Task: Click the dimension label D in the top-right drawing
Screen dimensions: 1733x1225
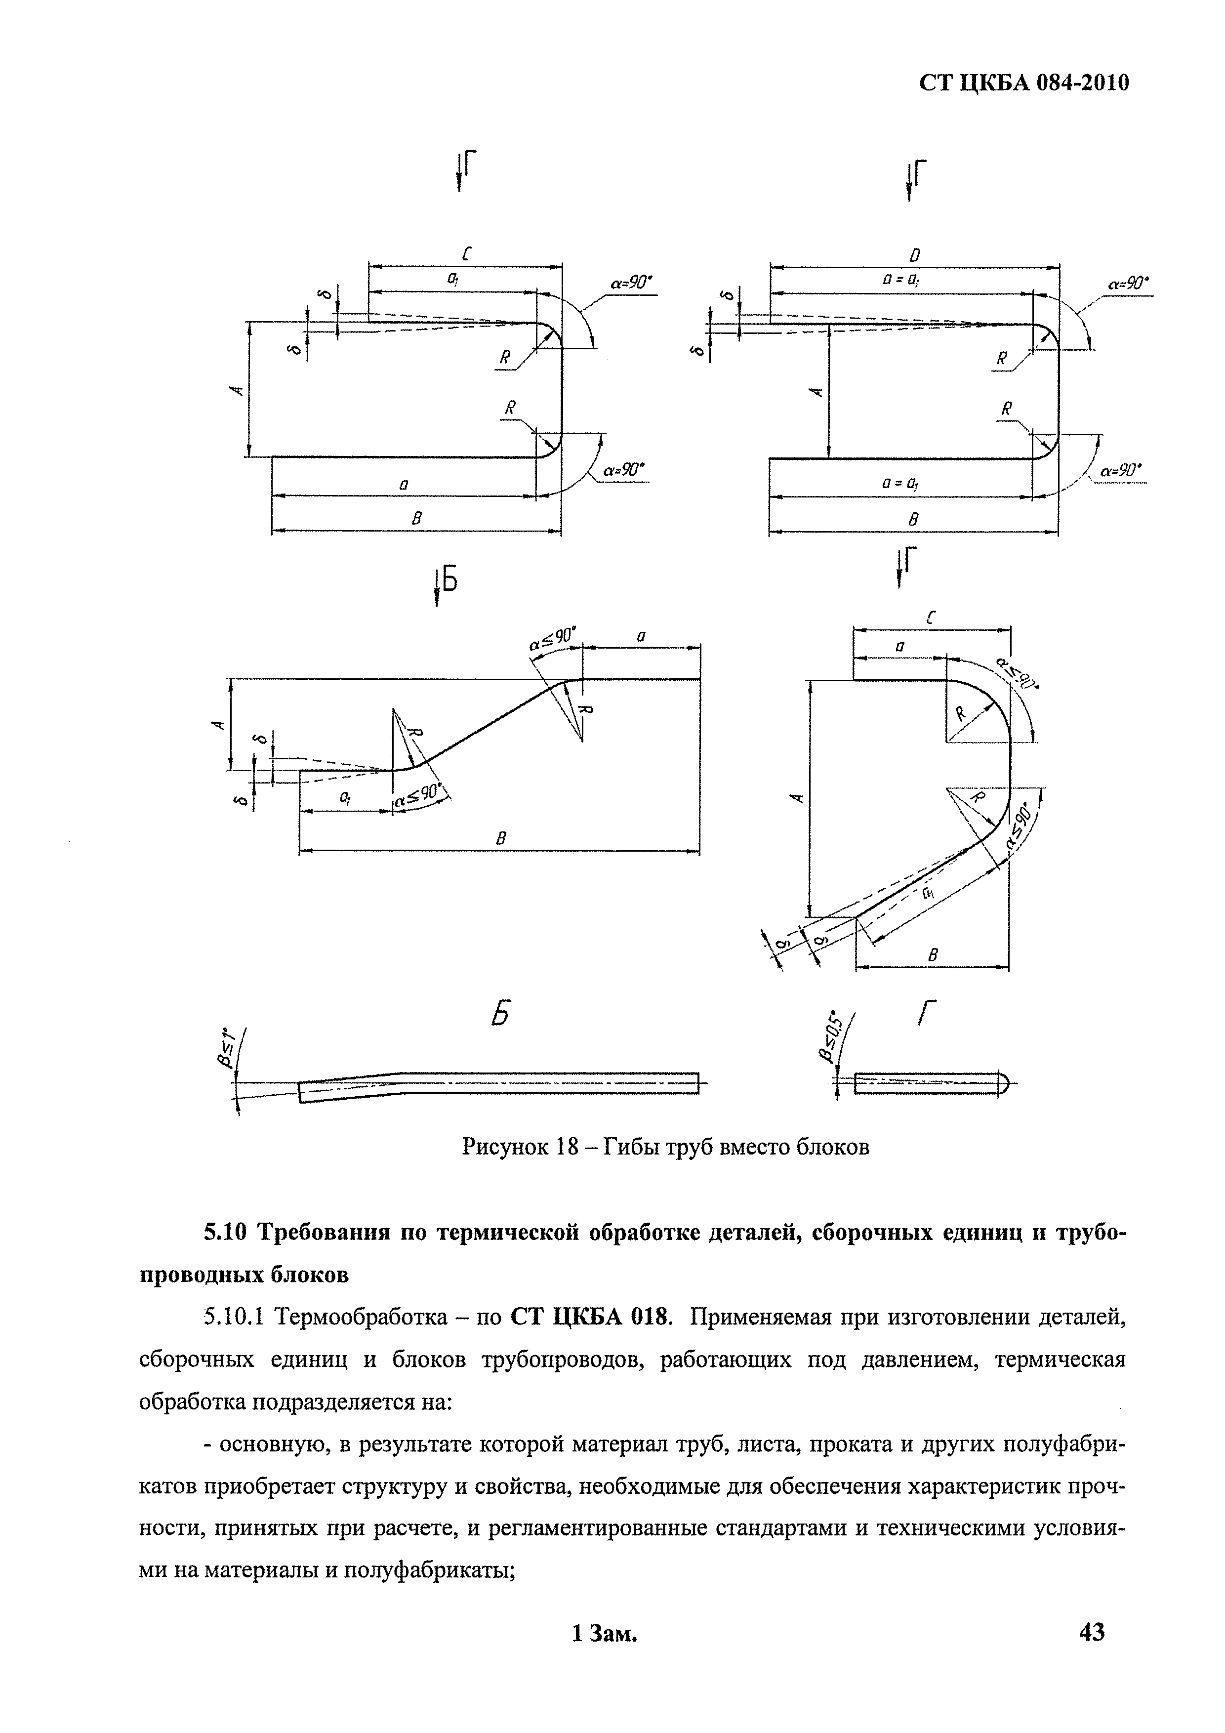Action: pos(915,254)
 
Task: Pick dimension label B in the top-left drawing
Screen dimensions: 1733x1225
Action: pos(415,519)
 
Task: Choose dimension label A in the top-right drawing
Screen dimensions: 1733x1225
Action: pos(815,391)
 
